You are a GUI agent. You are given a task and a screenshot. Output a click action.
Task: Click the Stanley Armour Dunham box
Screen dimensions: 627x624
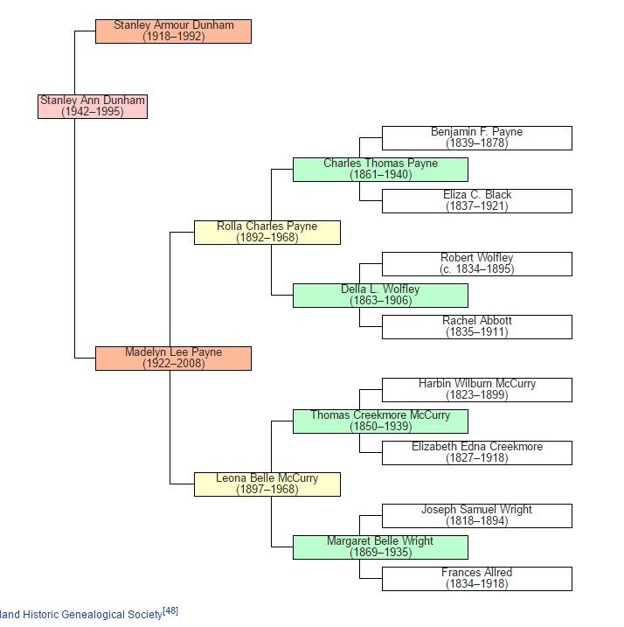(173, 31)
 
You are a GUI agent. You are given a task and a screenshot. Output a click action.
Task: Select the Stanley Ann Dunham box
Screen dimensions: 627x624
(93, 106)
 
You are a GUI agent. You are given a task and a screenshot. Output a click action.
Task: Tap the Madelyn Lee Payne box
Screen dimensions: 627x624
(173, 358)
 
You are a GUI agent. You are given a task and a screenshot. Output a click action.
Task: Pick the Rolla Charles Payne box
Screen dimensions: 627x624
(267, 232)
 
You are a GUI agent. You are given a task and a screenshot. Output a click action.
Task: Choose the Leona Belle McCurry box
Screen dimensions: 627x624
(267, 484)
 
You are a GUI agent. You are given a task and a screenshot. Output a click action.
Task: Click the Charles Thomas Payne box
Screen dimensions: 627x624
(380, 169)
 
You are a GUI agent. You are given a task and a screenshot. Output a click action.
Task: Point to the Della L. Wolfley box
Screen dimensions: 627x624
(380, 295)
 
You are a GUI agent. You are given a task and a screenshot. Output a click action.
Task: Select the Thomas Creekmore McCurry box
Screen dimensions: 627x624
(380, 421)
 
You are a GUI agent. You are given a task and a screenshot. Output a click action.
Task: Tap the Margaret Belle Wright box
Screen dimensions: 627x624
(380, 547)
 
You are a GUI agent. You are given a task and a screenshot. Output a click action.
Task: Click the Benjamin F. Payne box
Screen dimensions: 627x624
(476, 137)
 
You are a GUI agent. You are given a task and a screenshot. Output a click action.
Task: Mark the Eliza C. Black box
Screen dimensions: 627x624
(476, 200)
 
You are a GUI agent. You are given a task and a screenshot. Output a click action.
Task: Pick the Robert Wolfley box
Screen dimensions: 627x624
(476, 263)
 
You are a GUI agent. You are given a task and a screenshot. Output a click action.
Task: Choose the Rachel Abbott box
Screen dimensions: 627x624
(476, 326)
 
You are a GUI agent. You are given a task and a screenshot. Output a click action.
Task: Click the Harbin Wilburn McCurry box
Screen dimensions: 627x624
(476, 389)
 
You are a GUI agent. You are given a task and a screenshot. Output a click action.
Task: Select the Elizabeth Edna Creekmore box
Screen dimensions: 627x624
(476, 452)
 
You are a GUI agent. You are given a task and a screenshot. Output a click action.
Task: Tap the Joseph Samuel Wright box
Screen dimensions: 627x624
(476, 515)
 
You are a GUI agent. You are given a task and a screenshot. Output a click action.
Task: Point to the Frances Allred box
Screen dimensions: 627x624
(476, 578)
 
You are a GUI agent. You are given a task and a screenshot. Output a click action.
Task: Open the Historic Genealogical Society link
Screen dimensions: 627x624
(80, 615)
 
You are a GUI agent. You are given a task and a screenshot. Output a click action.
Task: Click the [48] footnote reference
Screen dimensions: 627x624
(170, 611)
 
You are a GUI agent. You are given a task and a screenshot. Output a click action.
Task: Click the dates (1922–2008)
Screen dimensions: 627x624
(173, 364)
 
